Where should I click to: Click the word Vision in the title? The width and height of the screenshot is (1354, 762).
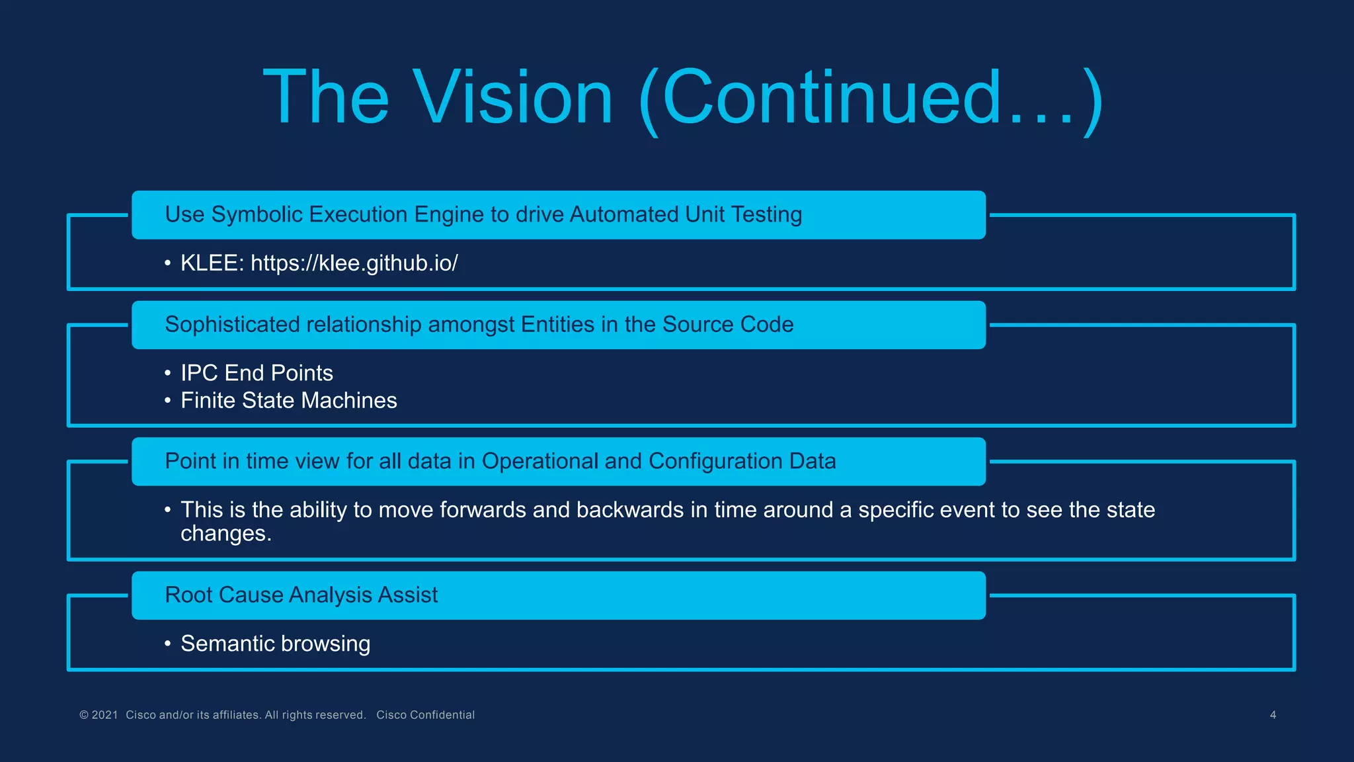click(x=513, y=98)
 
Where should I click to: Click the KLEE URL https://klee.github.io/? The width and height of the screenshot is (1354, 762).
click(x=354, y=263)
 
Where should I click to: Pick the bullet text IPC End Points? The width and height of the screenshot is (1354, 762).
click(x=257, y=373)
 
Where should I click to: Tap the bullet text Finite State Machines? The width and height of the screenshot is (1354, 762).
click(x=288, y=401)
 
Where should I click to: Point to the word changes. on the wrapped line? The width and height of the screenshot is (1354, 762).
click(x=226, y=534)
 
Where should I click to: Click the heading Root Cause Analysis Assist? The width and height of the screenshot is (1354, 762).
click(x=301, y=595)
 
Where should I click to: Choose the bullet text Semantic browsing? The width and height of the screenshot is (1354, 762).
click(x=275, y=644)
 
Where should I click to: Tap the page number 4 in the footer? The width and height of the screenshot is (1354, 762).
click(x=1273, y=715)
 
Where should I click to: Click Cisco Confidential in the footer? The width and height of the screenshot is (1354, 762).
click(x=425, y=715)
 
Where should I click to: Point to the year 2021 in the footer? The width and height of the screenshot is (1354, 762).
click(x=104, y=715)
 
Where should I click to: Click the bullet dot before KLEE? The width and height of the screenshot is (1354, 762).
click(x=168, y=264)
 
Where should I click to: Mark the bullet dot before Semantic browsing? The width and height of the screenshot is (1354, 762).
click(x=168, y=644)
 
